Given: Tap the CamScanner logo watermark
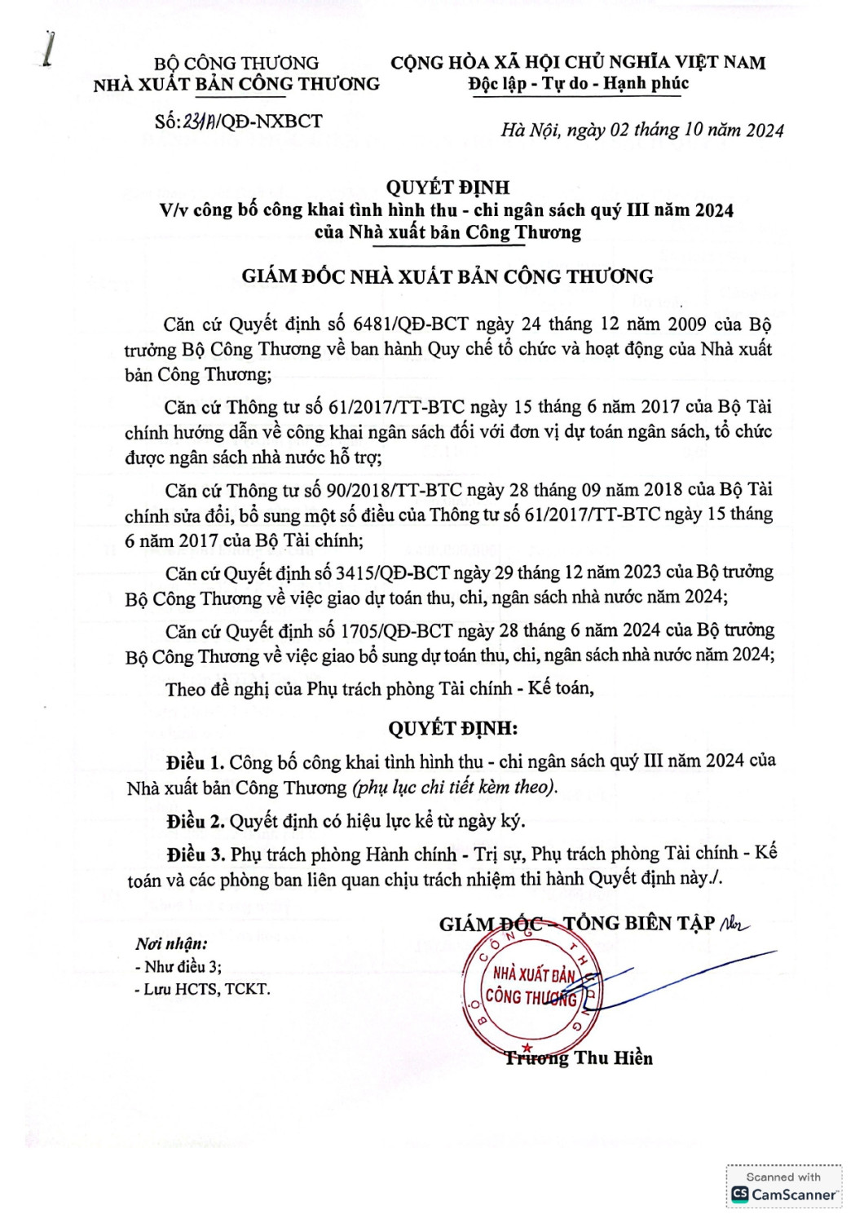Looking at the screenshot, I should tap(784, 1194).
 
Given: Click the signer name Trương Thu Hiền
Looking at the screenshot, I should tap(579, 1058).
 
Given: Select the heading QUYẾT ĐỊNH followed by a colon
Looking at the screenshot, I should tap(452, 728).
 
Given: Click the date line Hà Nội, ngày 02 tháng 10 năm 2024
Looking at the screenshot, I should tap(642, 130).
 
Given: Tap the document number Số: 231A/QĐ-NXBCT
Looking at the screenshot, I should tap(238, 122).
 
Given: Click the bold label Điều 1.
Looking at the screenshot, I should tap(196, 763).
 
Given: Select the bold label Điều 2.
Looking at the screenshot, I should tap(196, 822).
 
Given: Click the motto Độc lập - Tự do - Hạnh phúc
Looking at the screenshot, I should tap(578, 84).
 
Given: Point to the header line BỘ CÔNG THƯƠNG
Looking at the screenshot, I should tap(236, 63).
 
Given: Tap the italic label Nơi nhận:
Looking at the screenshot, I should tap(171, 944).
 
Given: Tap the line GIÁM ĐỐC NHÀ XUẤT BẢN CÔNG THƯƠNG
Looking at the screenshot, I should tap(447, 277).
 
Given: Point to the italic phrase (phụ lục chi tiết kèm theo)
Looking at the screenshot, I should tap(455, 788).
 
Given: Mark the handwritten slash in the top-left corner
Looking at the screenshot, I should tap(50, 49).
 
